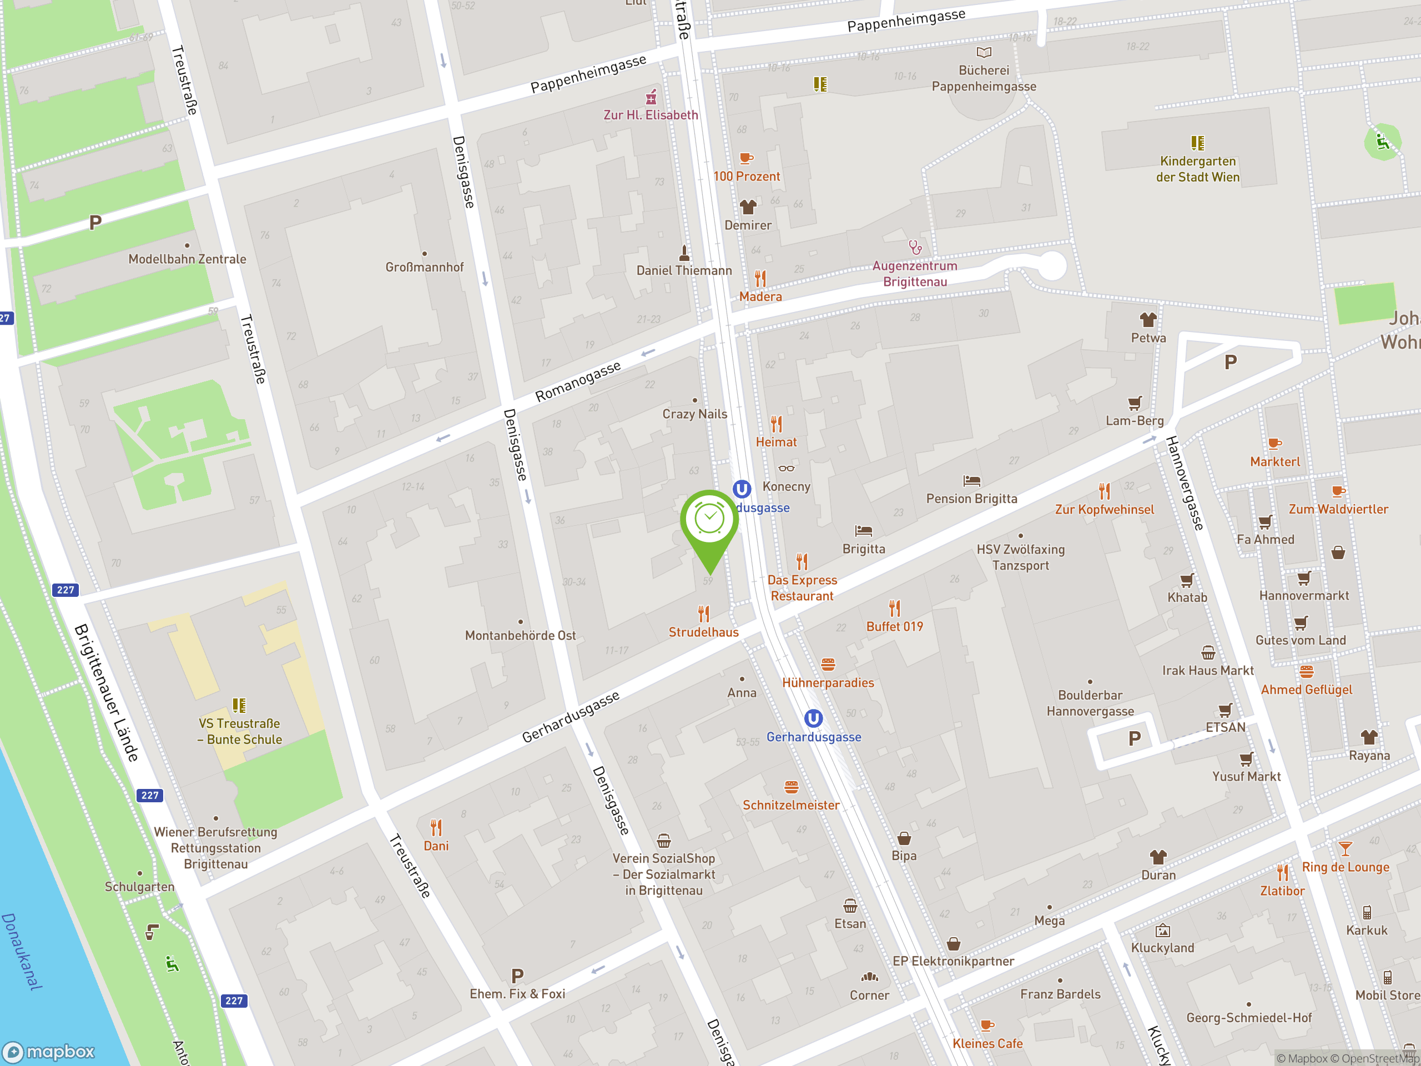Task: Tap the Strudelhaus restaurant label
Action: coord(703,632)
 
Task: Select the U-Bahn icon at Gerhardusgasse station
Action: coord(813,718)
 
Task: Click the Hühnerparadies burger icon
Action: coord(828,665)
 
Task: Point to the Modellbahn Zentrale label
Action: coord(187,259)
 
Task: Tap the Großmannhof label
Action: coord(424,267)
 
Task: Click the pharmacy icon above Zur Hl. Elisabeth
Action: coord(651,97)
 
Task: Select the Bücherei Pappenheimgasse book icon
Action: coord(984,52)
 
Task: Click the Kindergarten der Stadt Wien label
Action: coord(1197,169)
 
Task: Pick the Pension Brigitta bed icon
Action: coord(971,481)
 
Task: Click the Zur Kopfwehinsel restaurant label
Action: coord(1103,510)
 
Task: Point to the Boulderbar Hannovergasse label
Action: coord(1090,703)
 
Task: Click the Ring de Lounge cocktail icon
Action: coord(1344,848)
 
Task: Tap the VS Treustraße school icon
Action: coord(239,706)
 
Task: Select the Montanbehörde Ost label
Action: coord(520,636)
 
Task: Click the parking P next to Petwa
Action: coord(1230,363)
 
